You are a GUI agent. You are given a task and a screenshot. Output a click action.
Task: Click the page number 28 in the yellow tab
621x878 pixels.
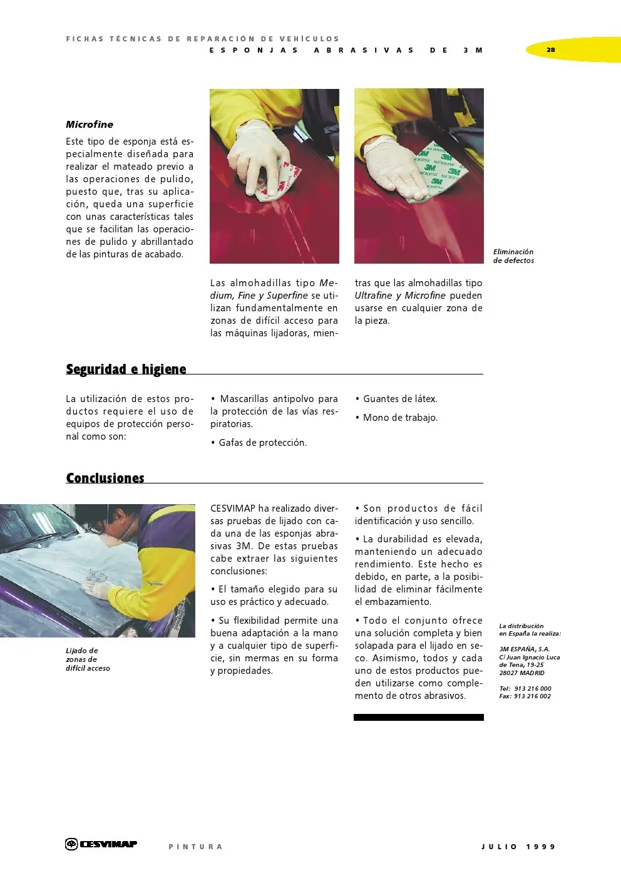550,49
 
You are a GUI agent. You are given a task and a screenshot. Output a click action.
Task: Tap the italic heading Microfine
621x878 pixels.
90,124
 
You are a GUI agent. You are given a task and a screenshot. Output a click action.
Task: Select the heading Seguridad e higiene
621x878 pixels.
126,369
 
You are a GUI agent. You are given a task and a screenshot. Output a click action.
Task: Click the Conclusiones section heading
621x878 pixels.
105,478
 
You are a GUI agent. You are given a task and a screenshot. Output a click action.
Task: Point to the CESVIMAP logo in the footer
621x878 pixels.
101,844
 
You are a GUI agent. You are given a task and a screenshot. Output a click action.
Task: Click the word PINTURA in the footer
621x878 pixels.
195,847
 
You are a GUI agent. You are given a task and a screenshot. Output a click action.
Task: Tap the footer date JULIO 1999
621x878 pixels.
518,847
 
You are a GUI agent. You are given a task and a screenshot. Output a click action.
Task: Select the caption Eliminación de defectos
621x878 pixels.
513,256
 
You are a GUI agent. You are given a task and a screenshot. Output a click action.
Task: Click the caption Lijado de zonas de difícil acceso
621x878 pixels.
88,659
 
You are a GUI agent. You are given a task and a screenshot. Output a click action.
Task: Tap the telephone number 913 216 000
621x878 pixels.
532,688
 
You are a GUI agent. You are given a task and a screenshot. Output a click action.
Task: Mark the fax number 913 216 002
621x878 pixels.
532,696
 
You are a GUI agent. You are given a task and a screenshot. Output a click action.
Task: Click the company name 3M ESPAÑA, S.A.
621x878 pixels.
525,649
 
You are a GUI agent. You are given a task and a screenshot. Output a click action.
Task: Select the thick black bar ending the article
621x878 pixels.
418,717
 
